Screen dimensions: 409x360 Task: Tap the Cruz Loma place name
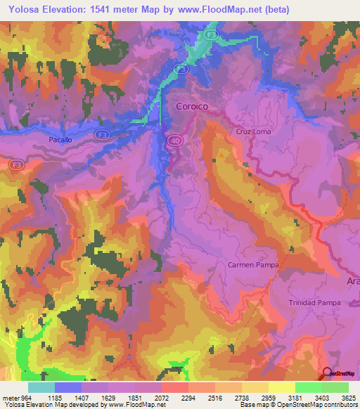pos(253,131)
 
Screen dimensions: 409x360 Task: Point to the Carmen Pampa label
pos(252,265)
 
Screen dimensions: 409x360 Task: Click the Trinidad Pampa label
pos(314,302)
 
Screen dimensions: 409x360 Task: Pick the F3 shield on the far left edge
pos(16,164)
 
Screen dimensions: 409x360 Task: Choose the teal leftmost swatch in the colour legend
pos(41,387)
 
